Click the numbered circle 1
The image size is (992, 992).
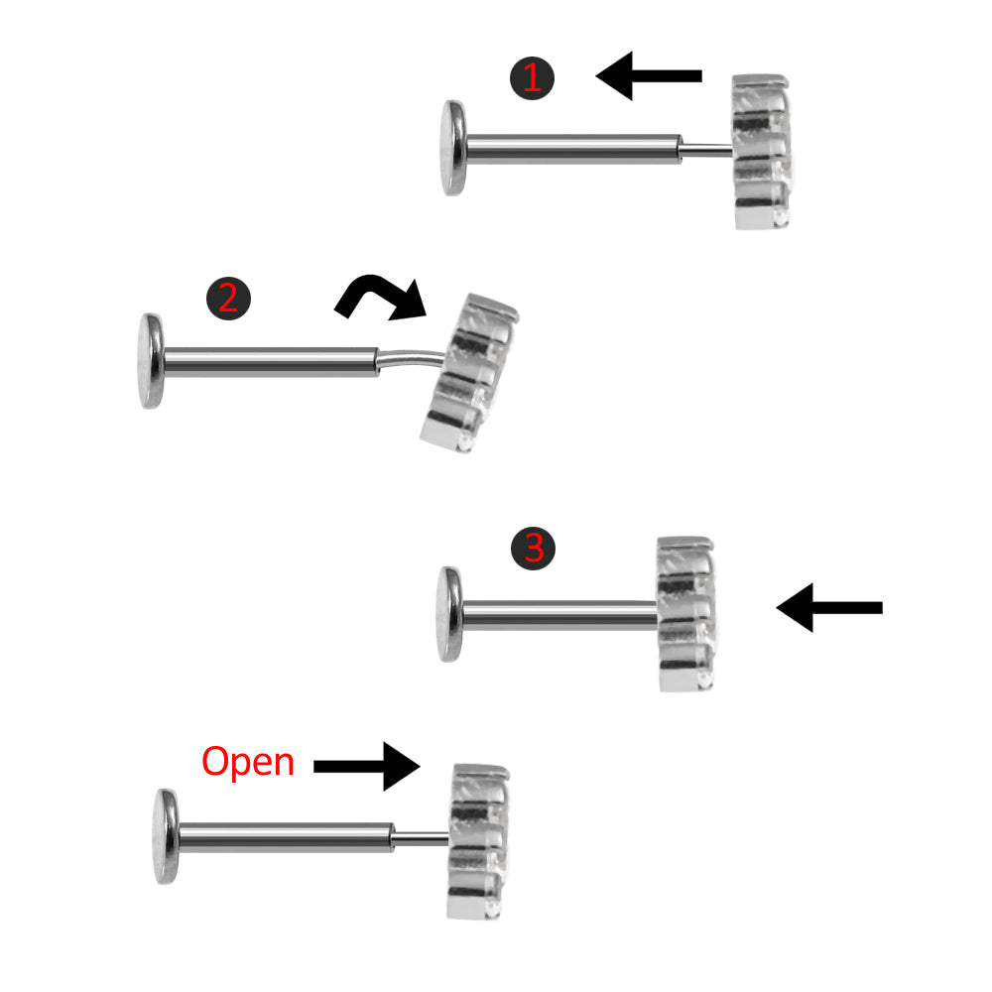pyautogui.click(x=532, y=77)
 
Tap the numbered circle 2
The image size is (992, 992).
pyautogui.click(x=228, y=298)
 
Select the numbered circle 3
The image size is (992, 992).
pyautogui.click(x=534, y=548)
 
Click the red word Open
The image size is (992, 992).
pyautogui.click(x=248, y=763)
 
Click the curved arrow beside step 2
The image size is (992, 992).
pyautogui.click(x=382, y=297)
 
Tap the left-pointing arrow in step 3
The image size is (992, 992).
pyautogui.click(x=827, y=607)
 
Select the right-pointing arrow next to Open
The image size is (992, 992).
pyautogui.click(x=367, y=766)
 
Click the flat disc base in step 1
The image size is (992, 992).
pyautogui.click(x=455, y=148)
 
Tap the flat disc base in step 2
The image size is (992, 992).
pyautogui.click(x=152, y=361)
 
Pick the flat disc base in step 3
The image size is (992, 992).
pyautogui.click(x=449, y=614)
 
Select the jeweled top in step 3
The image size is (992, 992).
pyautogui.click(x=686, y=613)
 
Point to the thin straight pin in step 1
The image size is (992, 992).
pyautogui.click(x=706, y=151)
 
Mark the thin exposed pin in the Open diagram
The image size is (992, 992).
pyautogui.click(x=422, y=839)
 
